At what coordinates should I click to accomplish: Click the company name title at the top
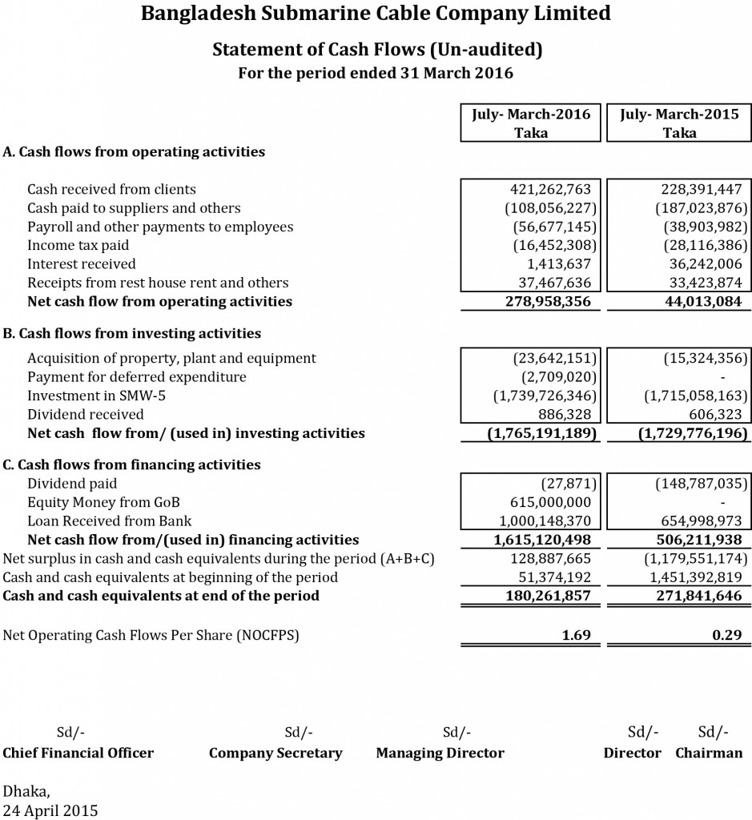tap(376, 14)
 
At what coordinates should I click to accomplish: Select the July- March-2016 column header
tap(531, 123)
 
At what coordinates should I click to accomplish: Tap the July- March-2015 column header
tap(678, 123)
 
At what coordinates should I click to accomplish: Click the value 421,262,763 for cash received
tap(550, 190)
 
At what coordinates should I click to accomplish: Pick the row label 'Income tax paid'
tap(78, 245)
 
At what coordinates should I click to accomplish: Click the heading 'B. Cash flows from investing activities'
tap(132, 333)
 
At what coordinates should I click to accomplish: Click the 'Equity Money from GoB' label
tap(103, 502)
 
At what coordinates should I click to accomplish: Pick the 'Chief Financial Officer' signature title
tap(78, 753)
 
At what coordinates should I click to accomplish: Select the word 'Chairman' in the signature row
tap(709, 753)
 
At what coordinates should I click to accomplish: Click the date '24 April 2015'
tap(51, 810)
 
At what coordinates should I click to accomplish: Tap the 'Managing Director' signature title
tap(440, 753)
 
